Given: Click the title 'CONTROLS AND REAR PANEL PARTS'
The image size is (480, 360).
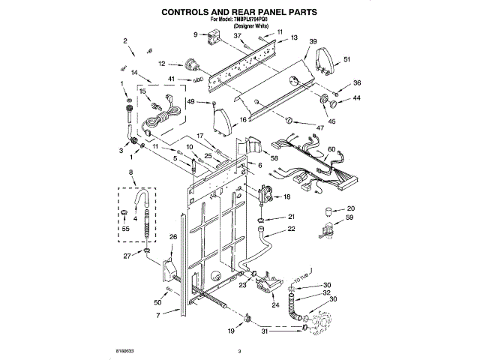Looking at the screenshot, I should pos(240,12).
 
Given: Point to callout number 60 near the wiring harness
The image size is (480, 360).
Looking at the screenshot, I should pos(331,148).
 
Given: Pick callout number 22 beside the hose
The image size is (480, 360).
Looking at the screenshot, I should pos(291,229).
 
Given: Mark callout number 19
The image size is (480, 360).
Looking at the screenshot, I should pos(230,330).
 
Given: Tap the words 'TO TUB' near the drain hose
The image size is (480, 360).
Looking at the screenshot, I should pos(302,277).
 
